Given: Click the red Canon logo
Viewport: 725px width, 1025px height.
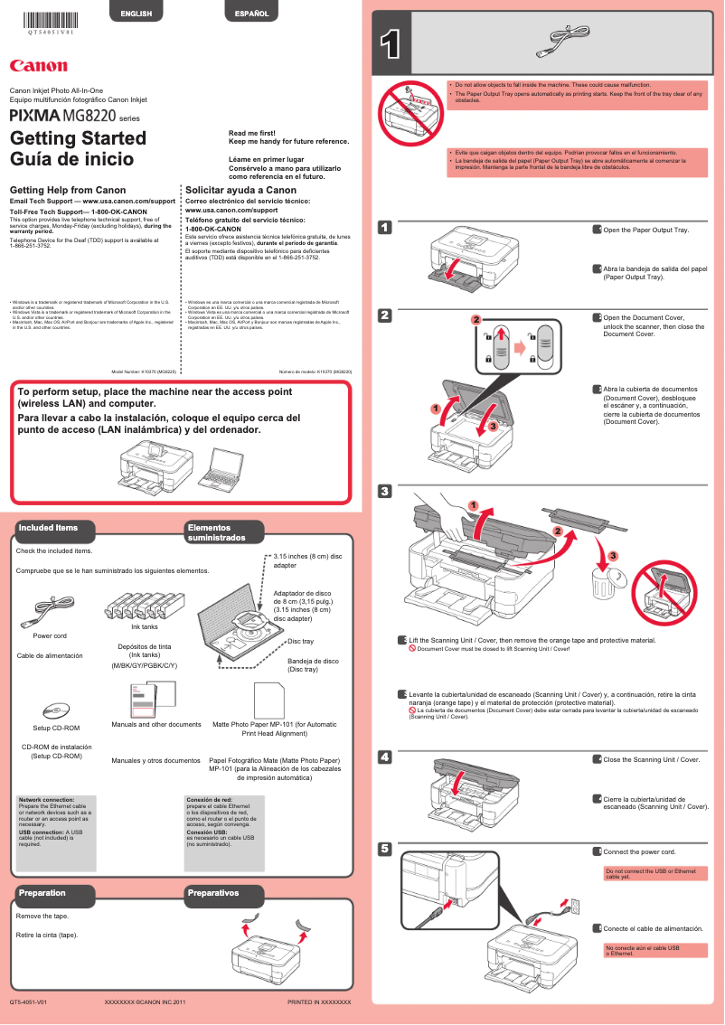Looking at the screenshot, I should (x=38, y=65).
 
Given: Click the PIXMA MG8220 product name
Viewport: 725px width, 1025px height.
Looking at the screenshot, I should (x=62, y=117).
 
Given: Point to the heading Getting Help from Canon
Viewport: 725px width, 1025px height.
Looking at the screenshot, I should (x=67, y=190).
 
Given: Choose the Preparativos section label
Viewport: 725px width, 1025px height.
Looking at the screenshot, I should (x=213, y=893).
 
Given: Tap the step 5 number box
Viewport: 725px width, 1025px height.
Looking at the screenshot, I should (x=384, y=849).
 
